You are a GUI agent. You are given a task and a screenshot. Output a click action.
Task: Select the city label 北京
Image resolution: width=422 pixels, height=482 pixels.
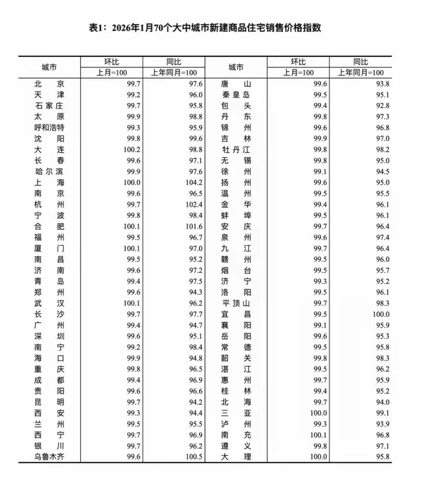point(49,84)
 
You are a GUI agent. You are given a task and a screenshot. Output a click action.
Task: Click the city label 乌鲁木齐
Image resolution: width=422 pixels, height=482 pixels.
point(49,457)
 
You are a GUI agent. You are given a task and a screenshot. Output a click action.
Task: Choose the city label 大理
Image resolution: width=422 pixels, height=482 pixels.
point(236,457)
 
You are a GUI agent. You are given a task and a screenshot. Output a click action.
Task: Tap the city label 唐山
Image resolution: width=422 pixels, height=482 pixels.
point(236,84)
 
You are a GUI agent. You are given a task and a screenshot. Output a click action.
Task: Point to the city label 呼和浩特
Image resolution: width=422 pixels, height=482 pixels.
point(49,128)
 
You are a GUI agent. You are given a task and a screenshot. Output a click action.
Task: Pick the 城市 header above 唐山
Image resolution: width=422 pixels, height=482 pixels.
point(237,67)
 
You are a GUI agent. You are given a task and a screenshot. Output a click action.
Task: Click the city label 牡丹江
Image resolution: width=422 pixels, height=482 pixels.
point(236,150)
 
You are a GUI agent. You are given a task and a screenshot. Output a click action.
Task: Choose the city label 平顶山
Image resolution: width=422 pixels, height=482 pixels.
point(236,303)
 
